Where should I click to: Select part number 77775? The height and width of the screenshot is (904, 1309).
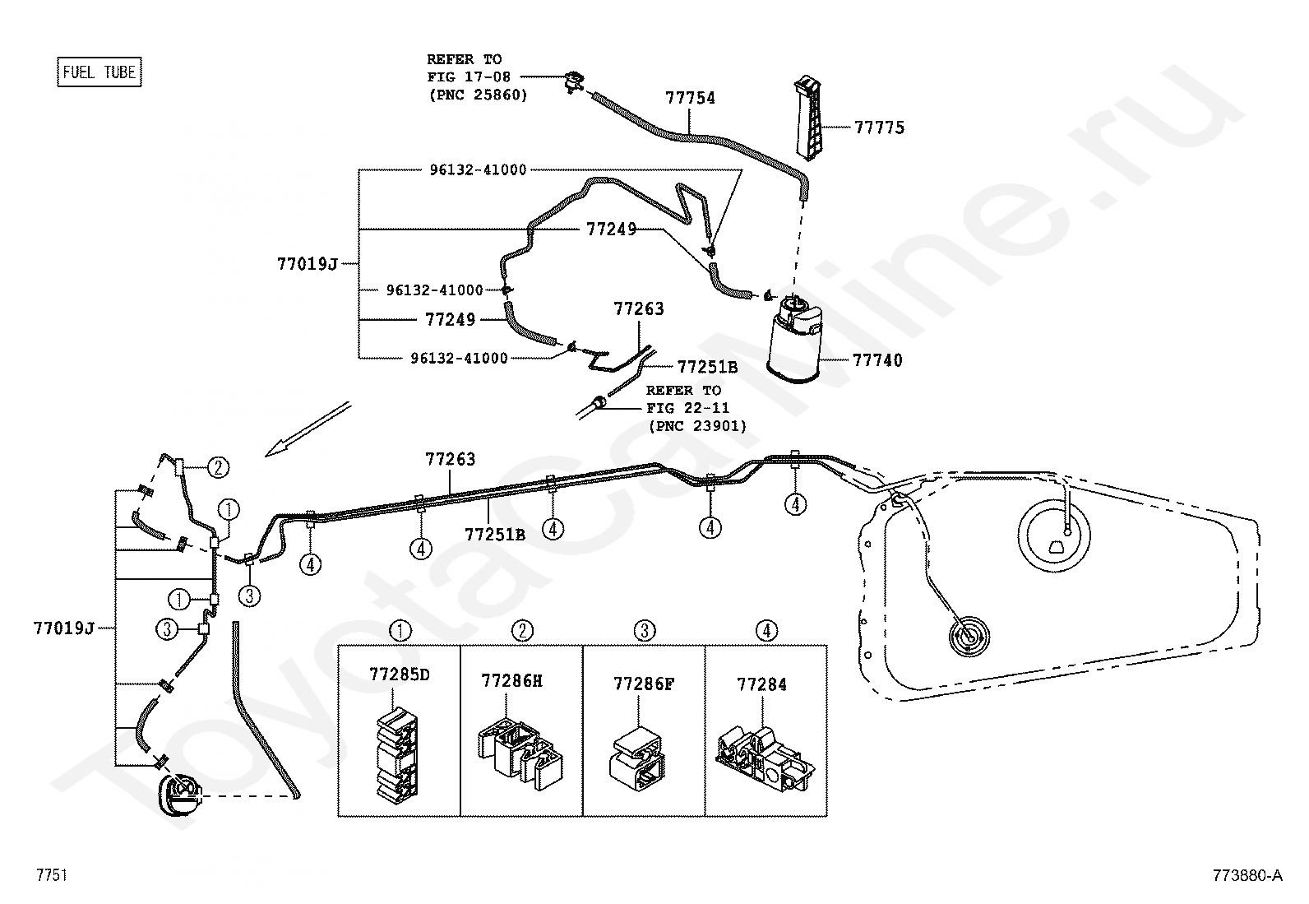coord(879,127)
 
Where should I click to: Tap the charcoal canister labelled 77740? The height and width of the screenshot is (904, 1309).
coord(793,341)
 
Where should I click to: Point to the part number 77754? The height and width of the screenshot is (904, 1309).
coord(690,98)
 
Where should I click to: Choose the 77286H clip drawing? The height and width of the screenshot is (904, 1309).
coord(520,750)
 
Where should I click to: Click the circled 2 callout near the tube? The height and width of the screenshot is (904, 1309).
coord(217,468)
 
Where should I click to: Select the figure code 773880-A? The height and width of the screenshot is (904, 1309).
coord(1247,875)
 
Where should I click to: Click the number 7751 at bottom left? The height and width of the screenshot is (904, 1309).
coord(51,875)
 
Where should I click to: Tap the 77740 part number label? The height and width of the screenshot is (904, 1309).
coord(877,360)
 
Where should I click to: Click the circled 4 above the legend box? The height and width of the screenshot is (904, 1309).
coord(766,631)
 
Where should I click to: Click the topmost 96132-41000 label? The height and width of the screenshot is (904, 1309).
coord(478,170)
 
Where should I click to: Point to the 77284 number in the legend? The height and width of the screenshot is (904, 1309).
coord(761,684)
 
